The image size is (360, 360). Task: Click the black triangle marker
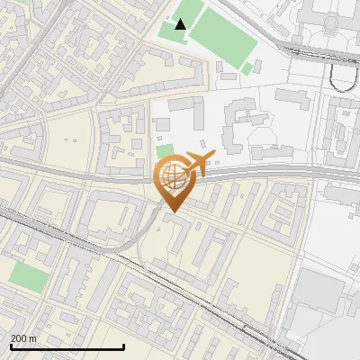pos(181,24)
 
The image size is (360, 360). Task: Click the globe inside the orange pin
pos(172,176)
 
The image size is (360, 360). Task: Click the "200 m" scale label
pos(23,337)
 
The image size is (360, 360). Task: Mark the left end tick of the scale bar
pos(10,346)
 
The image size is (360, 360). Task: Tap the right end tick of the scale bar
pos(123,346)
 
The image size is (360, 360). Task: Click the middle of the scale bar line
pos(67,347)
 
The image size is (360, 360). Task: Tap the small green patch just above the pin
pos(165,149)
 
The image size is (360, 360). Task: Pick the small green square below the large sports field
pos(247,67)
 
